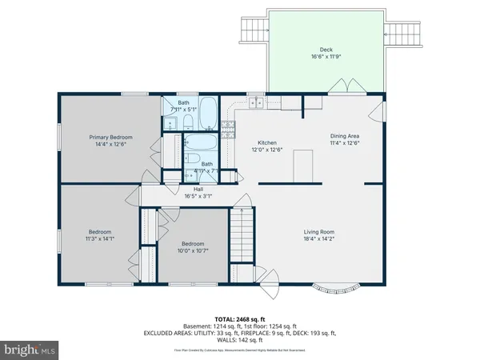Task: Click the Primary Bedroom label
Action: coord(110,138)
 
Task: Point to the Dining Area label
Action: coord(345,136)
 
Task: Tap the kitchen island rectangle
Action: coord(302,166)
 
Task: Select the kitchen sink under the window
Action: coord(256,103)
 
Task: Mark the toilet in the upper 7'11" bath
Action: coord(186,122)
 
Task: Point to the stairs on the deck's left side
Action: coord(249,30)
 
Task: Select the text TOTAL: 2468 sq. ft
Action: coord(239,318)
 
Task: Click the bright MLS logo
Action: coord(30,350)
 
